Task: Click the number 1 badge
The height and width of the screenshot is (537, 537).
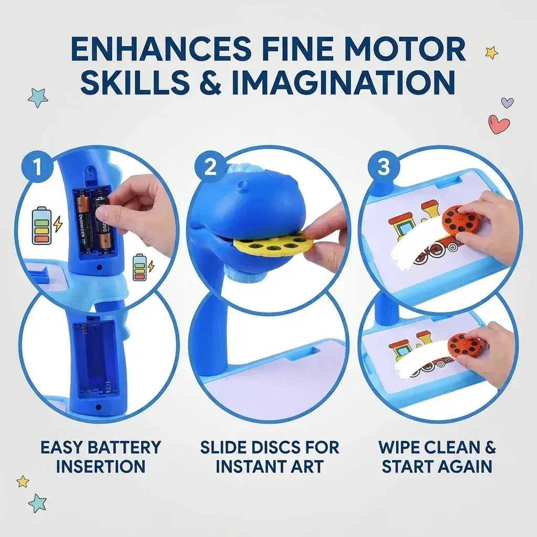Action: [x=36, y=168]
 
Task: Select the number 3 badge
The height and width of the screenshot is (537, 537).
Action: [x=383, y=168]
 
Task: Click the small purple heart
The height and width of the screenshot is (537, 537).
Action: [x=507, y=102]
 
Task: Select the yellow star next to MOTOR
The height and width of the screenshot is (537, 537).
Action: [x=491, y=52]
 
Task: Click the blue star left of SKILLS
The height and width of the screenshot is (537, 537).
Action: [x=38, y=97]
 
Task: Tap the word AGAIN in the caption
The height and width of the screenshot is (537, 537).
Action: [x=464, y=466]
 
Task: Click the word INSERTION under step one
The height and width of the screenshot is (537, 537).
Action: [x=101, y=466]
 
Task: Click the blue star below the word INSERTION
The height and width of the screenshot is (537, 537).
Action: [x=37, y=503]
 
